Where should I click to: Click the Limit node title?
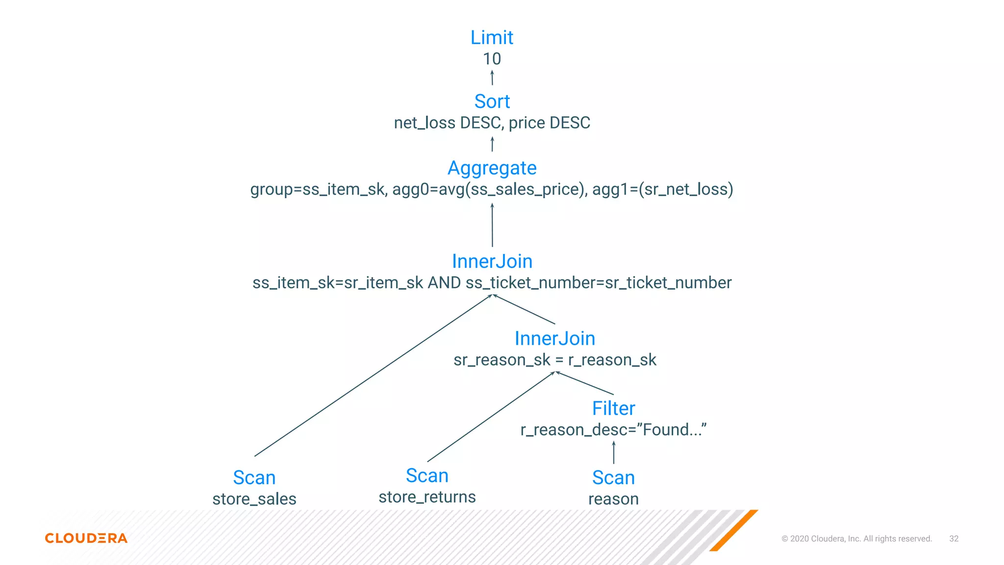[492, 38]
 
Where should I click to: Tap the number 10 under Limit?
[492, 59]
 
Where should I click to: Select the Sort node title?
[492, 102]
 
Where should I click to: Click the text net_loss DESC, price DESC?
[492, 123]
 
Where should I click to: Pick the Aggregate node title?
[492, 168]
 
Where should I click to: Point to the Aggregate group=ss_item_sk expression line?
[492, 189]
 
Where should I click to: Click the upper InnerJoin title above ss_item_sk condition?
[492, 261]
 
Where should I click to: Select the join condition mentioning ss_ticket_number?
[492, 283]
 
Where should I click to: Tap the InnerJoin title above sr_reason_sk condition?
[554, 338]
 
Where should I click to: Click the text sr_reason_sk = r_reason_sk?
[554, 360]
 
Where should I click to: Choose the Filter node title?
[613, 409]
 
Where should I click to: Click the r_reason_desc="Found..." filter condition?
[613, 430]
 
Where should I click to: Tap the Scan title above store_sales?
[254, 478]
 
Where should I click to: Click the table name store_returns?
[427, 497]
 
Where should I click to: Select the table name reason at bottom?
[613, 499]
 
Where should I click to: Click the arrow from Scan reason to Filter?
[613, 453]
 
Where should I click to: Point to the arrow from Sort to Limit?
[492, 78]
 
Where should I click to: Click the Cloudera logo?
[86, 538]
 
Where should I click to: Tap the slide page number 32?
[954, 539]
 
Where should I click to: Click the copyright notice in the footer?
[856, 539]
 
